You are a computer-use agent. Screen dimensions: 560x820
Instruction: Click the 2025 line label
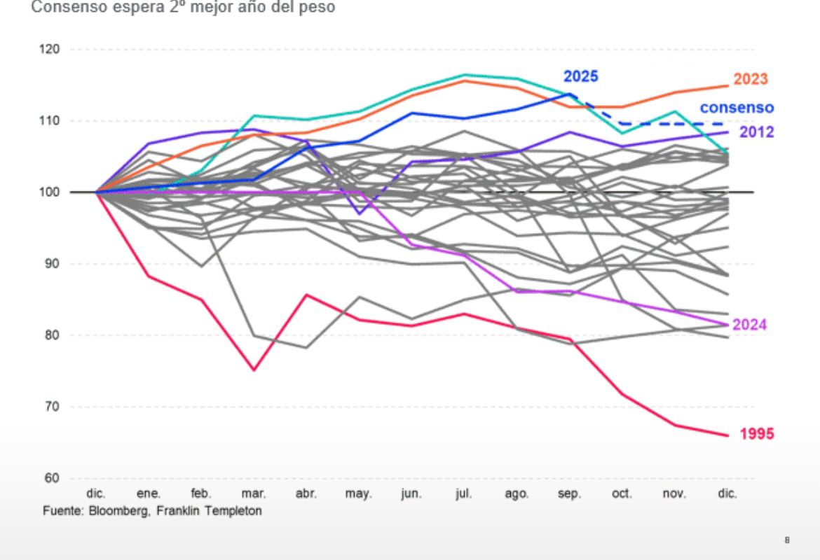tap(581, 76)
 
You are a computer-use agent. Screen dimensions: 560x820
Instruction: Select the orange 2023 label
tap(751, 79)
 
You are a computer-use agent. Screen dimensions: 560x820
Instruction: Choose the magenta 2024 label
tap(749, 325)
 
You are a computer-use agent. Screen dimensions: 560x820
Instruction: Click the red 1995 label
tap(757, 435)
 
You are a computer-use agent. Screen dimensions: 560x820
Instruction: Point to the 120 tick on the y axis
tap(50, 50)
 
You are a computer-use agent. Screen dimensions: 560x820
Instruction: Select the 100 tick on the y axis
tap(50, 192)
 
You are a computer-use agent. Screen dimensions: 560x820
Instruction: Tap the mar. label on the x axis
tap(254, 494)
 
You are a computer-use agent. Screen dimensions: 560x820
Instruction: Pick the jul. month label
tap(464, 494)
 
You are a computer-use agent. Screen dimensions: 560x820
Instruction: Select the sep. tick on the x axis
tap(569, 494)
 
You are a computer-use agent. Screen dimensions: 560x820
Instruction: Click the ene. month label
tap(149, 494)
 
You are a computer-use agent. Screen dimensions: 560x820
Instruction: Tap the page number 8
tap(787, 540)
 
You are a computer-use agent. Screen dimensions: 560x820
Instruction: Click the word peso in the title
tap(321, 8)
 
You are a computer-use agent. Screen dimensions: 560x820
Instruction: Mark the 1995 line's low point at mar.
tap(254, 370)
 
